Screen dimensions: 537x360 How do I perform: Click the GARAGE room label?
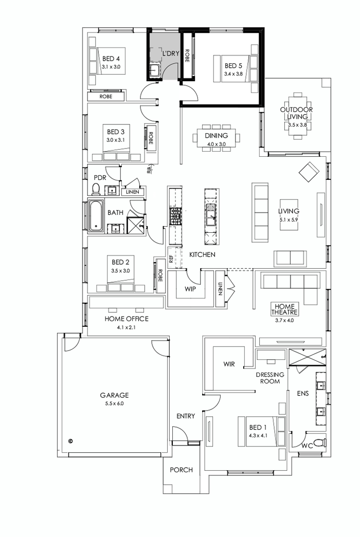coord(114,395)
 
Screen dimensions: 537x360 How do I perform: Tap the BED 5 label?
coord(233,66)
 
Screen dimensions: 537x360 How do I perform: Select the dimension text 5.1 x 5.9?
coord(289,219)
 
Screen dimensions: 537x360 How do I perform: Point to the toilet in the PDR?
coord(95,190)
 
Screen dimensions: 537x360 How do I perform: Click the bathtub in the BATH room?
coord(96,216)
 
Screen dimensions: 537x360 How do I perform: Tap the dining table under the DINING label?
coord(216,137)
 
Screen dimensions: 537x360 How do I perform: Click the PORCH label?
coord(181,470)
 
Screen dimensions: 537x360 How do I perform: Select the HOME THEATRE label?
coord(285,308)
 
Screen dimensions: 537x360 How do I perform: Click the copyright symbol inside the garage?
coord(70,440)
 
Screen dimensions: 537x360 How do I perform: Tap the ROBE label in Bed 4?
coord(106,96)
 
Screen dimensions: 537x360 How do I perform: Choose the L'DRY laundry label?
coord(170,53)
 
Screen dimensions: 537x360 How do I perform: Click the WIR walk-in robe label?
coord(229,364)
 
